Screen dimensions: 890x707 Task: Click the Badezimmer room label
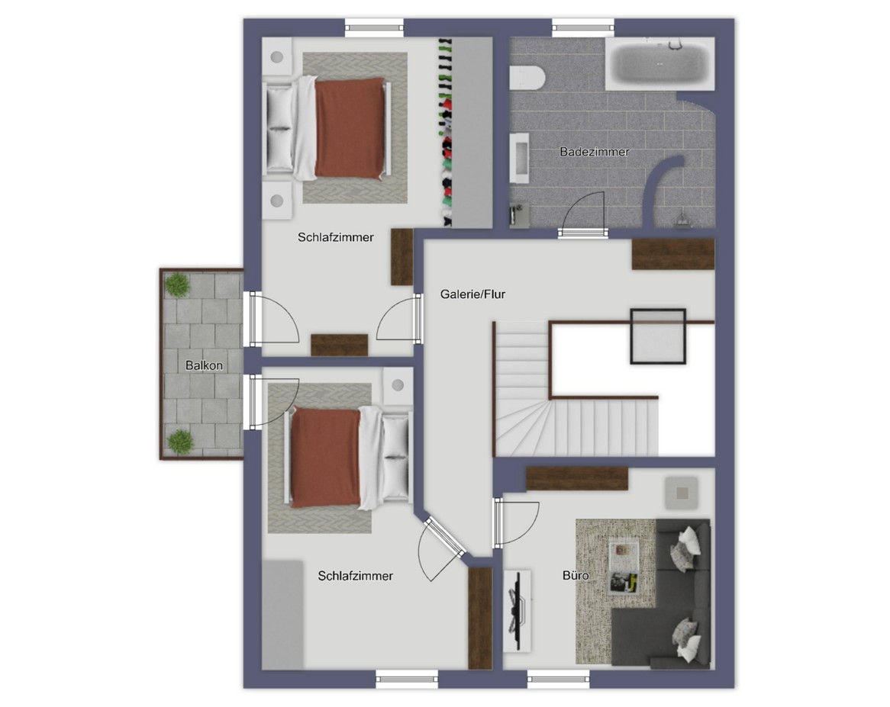coord(595,152)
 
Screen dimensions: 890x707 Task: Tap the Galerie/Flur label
coord(472,294)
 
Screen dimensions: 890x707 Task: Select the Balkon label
coord(204,365)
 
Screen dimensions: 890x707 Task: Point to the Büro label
coord(575,576)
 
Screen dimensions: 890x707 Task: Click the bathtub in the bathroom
coord(659,63)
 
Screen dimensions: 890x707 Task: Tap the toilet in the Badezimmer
coord(527,78)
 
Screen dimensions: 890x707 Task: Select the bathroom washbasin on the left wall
coord(519,158)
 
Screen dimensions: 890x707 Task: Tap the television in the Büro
coord(518,611)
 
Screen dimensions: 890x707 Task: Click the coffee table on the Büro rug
coord(623,566)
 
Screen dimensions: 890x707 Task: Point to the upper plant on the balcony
coord(177,284)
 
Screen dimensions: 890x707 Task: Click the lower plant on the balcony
coord(180,442)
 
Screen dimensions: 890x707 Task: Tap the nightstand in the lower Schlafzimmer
coord(398,386)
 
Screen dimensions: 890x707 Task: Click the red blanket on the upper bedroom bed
coord(350,128)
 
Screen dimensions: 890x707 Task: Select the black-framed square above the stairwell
coord(658,336)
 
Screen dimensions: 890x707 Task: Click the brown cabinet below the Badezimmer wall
coord(673,254)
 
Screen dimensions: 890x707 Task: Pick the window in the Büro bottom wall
coord(558,678)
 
